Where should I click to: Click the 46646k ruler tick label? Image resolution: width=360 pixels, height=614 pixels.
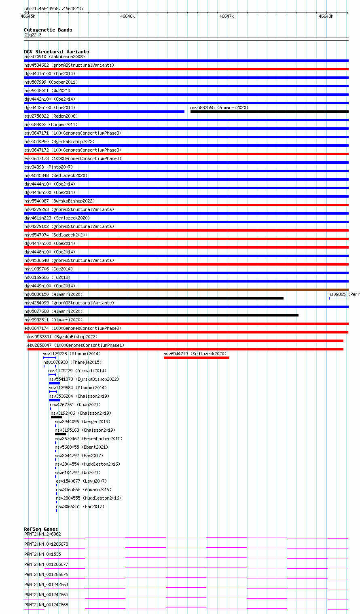(x=127, y=16)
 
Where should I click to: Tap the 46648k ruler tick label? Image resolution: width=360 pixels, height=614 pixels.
(x=326, y=16)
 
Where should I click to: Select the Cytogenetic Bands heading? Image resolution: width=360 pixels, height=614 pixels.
(x=48, y=30)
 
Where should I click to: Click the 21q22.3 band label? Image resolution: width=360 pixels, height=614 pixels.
(x=33, y=35)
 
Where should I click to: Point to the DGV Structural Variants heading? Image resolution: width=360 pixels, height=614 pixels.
(x=56, y=52)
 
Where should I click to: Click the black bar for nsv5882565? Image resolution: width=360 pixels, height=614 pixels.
(x=269, y=112)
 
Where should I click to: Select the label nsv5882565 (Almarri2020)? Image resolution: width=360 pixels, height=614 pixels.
(x=219, y=108)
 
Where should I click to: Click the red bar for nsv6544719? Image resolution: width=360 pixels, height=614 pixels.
(x=196, y=358)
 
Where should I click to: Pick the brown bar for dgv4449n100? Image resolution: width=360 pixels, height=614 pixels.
(x=186, y=290)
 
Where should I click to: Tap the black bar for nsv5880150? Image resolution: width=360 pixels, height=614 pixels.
(x=154, y=298)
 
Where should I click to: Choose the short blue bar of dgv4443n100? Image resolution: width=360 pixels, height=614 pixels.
(x=104, y=112)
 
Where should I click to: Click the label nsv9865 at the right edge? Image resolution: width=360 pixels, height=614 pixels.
(x=343, y=295)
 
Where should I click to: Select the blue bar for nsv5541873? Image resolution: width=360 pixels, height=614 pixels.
(x=55, y=383)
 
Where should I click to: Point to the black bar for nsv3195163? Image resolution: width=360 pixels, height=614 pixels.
(x=60, y=434)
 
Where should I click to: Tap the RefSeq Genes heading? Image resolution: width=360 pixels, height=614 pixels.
(x=41, y=529)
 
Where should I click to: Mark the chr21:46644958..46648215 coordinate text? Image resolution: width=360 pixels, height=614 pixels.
(x=53, y=8)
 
